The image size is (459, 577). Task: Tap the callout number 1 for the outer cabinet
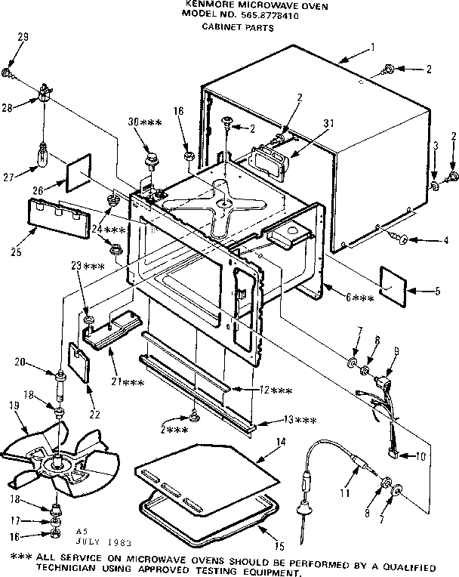pos(373,47)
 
